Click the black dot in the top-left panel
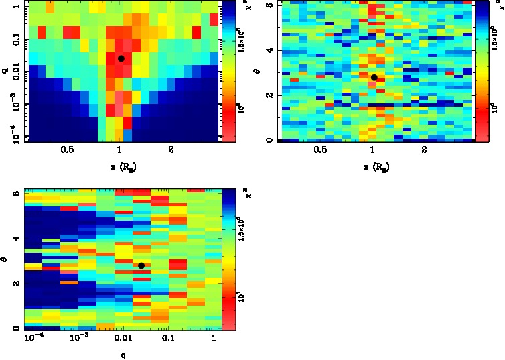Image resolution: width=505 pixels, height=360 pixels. tap(121, 58)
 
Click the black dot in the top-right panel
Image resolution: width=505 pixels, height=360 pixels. tap(374, 78)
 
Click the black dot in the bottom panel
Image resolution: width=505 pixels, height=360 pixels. tap(141, 265)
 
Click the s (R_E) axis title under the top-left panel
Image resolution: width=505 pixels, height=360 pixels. tap(121, 167)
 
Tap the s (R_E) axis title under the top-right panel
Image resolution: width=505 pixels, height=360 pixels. tap(374, 167)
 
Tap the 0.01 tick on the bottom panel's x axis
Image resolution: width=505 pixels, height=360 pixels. tap(122, 339)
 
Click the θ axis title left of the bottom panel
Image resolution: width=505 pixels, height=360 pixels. tap(5, 259)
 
